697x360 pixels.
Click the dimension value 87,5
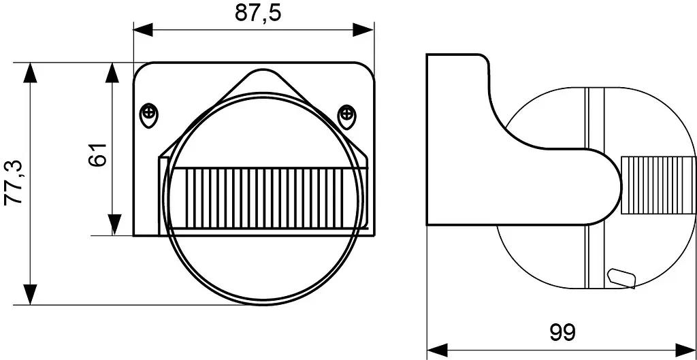coord(258,13)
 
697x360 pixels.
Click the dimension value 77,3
coord(14,182)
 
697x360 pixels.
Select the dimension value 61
coord(97,154)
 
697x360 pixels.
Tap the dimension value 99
coord(562,332)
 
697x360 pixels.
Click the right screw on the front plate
coord(346,117)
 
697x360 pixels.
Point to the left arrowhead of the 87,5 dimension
coord(143,30)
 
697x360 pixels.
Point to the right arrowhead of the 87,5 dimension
coord(363,30)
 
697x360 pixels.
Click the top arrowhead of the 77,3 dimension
coord(30,72)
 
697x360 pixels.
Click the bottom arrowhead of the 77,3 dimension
coord(30,295)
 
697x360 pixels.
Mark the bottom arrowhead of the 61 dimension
coord(114,225)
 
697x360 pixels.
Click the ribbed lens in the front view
coord(270,198)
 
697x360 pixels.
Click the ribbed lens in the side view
coord(658,185)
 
